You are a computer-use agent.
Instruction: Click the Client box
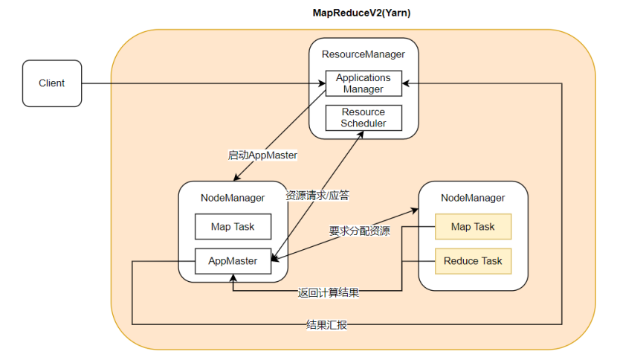click(52, 83)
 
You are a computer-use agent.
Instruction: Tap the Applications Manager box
click(364, 83)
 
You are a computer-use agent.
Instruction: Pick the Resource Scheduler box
click(364, 118)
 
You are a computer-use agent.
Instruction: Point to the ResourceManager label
click(364, 54)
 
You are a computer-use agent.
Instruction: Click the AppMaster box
click(233, 261)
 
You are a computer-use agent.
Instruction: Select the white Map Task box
click(233, 227)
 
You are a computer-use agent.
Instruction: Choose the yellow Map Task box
click(473, 227)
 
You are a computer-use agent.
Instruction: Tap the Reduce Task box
click(473, 261)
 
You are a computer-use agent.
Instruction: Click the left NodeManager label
click(233, 198)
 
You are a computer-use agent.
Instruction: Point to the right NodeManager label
click(473, 198)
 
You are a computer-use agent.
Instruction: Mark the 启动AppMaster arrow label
click(262, 155)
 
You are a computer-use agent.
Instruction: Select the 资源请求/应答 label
click(317, 196)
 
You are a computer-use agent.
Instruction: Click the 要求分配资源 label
click(359, 231)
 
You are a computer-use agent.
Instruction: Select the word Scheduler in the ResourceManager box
click(364, 123)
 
